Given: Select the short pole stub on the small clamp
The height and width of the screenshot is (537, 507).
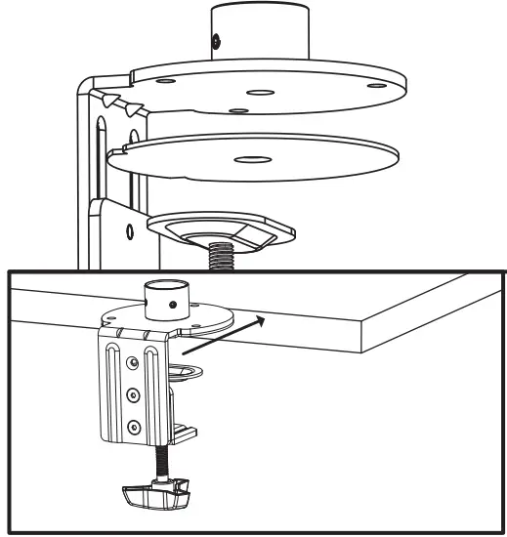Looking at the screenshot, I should [x=161, y=300].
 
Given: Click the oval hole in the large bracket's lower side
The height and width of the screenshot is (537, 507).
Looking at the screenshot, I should [x=127, y=232].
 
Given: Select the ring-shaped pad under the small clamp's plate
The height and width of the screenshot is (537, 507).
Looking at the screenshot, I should [x=191, y=367].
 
